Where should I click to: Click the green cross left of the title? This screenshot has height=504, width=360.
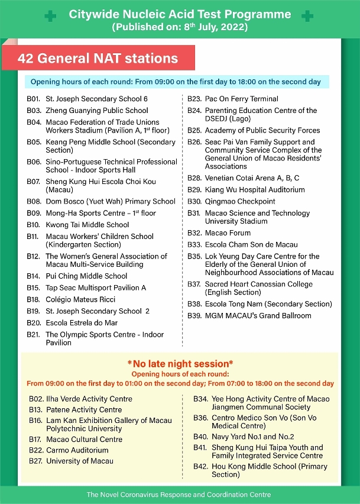[51, 17]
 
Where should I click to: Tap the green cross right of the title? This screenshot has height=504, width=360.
[307, 17]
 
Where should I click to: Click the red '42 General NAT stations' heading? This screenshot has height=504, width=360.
[98, 59]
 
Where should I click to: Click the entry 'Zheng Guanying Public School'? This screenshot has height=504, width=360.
[97, 111]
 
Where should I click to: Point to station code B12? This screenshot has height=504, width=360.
[33, 257]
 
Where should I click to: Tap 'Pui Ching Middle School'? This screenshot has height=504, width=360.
[86, 276]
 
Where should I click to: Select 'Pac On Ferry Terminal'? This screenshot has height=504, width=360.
[241, 99]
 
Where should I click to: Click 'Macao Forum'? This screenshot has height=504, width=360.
[228, 233]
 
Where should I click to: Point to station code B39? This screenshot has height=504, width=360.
[194, 316]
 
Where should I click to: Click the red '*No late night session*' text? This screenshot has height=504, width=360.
[180, 364]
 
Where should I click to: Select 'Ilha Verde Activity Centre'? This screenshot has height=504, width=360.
[89, 399]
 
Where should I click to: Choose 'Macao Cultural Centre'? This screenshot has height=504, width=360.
[84, 440]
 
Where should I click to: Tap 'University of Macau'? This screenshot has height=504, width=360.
[80, 461]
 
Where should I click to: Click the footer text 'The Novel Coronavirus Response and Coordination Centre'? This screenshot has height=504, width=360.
[179, 495]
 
